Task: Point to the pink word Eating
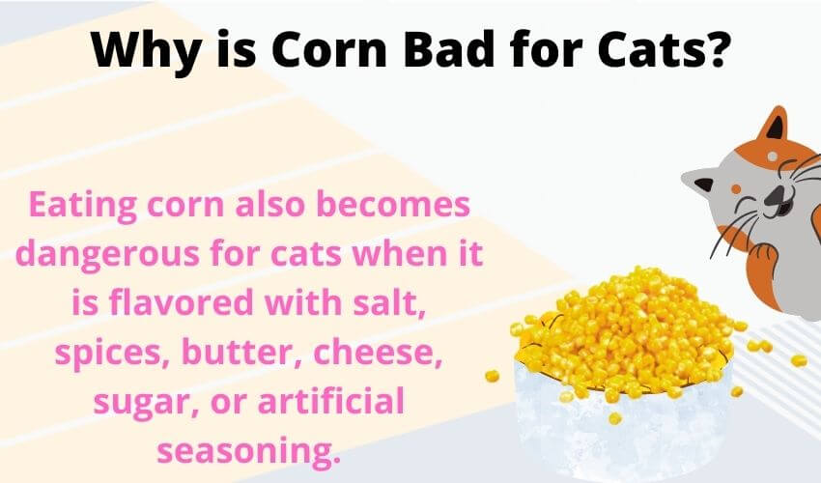83,206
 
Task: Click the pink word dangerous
107,254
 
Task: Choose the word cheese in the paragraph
378,352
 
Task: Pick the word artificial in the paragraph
331,401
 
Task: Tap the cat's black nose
775,195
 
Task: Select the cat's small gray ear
700,183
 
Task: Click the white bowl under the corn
622,424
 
